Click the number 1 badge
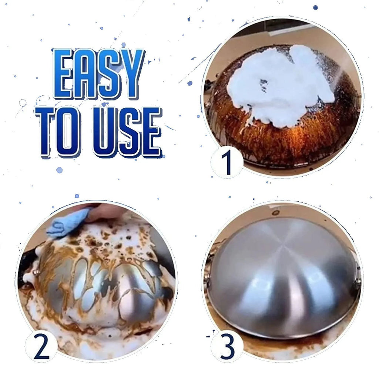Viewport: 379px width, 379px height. click(227, 162)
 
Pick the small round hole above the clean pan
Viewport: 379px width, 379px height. click(275, 212)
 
